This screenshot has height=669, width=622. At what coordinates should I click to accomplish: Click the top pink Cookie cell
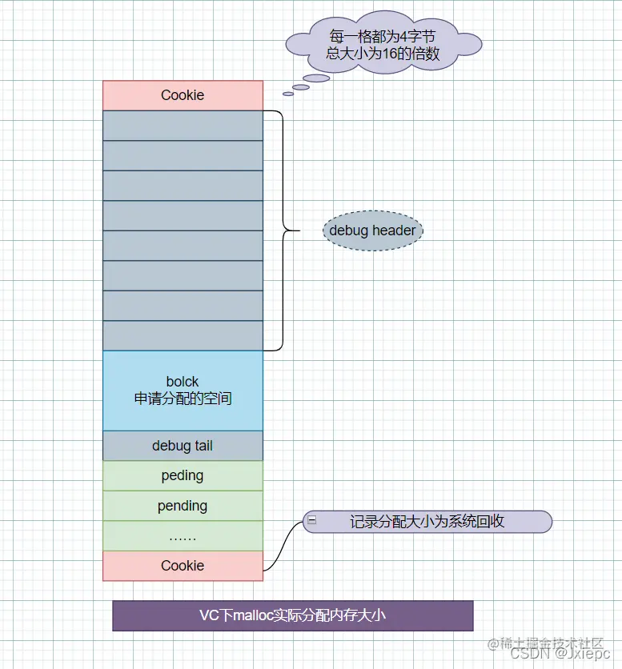183,95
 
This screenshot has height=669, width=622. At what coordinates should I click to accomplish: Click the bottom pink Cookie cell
183,566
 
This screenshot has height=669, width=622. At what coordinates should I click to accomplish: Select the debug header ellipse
372,230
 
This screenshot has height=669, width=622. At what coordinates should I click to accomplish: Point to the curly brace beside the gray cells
282,230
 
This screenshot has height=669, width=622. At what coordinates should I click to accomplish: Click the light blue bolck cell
183,391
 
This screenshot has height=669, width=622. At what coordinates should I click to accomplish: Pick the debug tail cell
183,446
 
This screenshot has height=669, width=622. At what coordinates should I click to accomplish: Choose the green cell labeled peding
183,475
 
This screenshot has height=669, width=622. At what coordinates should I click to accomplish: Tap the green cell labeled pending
183,506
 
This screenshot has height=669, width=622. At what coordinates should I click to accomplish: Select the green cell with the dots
183,536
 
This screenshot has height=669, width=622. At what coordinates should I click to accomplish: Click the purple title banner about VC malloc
293,615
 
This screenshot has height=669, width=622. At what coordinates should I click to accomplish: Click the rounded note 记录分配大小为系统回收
427,522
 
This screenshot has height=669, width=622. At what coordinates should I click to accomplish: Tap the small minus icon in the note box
312,520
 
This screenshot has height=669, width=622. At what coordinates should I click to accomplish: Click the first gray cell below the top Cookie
183,126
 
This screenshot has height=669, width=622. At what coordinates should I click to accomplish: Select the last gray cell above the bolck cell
183,335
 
